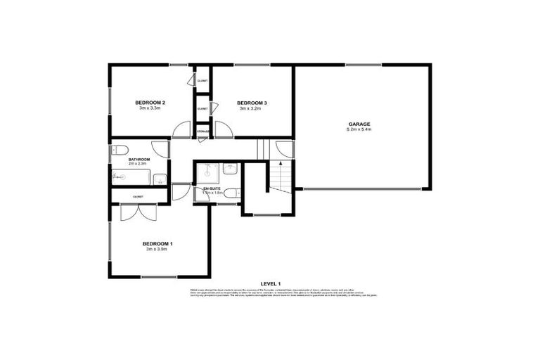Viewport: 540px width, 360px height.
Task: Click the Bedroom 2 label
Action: click(x=150, y=103)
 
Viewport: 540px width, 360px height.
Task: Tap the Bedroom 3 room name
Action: click(x=252, y=103)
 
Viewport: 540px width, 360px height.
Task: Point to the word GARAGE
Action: click(x=359, y=124)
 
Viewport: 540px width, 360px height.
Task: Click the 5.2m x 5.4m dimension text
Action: click(x=359, y=130)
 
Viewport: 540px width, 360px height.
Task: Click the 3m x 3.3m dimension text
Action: click(x=150, y=108)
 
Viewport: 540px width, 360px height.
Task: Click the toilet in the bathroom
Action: click(x=119, y=149)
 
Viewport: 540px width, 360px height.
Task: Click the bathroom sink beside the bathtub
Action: click(x=160, y=179)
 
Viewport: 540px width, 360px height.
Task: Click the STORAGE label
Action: click(x=202, y=131)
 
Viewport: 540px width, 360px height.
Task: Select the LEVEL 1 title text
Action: click(x=270, y=283)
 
